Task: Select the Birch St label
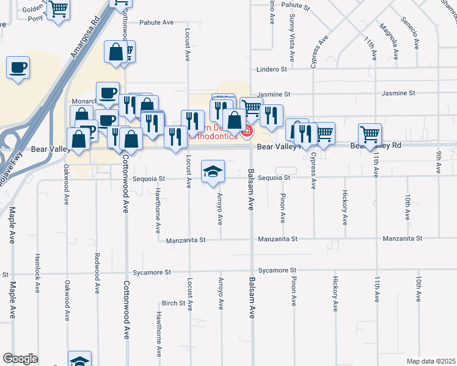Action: click(174, 303)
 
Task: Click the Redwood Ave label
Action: click(97, 272)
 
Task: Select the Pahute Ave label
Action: click(157, 23)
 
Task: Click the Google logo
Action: click(20, 359)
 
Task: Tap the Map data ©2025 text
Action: click(431, 361)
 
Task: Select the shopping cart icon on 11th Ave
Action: click(370, 134)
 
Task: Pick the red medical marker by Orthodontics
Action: click(248, 130)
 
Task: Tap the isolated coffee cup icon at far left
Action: click(18, 67)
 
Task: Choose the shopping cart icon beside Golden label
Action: click(59, 10)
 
